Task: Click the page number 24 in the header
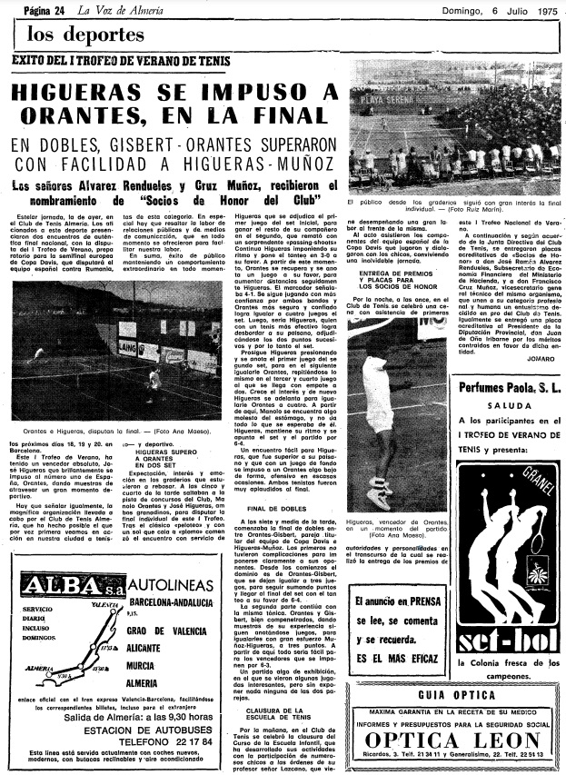click(x=63, y=10)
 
